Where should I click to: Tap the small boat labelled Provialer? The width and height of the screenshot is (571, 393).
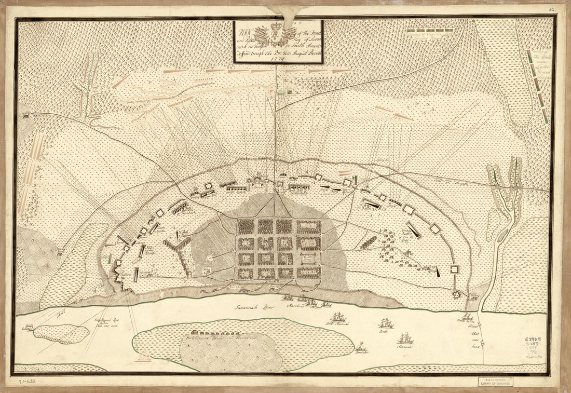pos(361,346)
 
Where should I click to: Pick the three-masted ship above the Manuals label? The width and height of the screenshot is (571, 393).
pos(405,338)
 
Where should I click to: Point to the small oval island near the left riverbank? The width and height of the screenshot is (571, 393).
pos(61,333)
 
